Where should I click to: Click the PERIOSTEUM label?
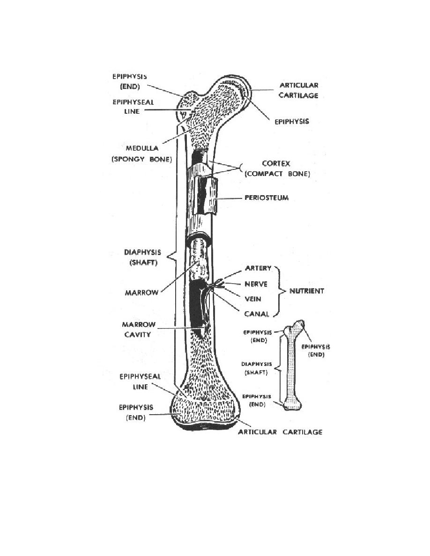pyautogui.click(x=267, y=198)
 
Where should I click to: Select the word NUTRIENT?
pyautogui.click(x=307, y=291)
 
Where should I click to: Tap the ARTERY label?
pyautogui.click(x=258, y=268)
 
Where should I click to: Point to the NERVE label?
pyautogui.click(x=256, y=284)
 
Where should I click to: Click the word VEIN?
pyautogui.click(x=252, y=299)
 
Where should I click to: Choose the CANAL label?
pyautogui.click(x=257, y=314)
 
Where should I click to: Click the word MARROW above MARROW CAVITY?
pyautogui.click(x=141, y=293)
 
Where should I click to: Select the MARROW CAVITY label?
pyautogui.click(x=139, y=329)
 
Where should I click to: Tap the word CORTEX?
pyautogui.click(x=276, y=163)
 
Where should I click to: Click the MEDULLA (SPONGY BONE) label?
pyautogui.click(x=142, y=154)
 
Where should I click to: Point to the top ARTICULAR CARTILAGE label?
pyautogui.click(x=298, y=90)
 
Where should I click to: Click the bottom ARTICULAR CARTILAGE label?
pyautogui.click(x=280, y=432)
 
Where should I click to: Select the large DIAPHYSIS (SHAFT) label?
pyautogui.click(x=142, y=257)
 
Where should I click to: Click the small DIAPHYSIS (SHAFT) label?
pyautogui.click(x=257, y=368)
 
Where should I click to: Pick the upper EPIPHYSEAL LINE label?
pyautogui.click(x=133, y=107)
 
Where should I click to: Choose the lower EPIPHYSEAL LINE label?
pyautogui.click(x=140, y=381)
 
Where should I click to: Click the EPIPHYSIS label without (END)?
pyautogui.click(x=292, y=121)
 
